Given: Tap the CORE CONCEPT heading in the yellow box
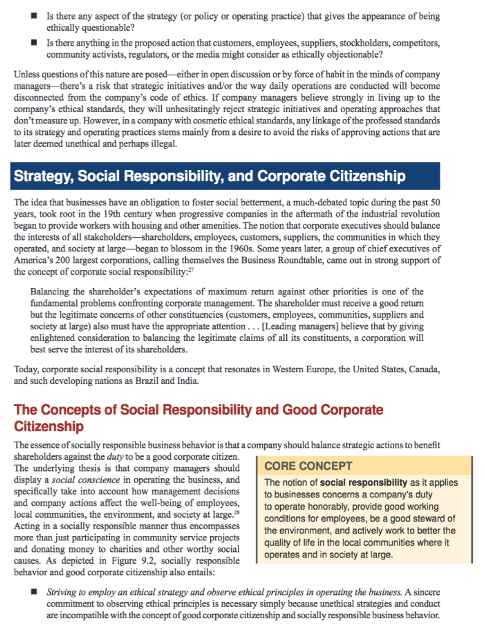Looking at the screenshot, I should point(308,465).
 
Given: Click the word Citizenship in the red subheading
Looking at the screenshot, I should point(48,425).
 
